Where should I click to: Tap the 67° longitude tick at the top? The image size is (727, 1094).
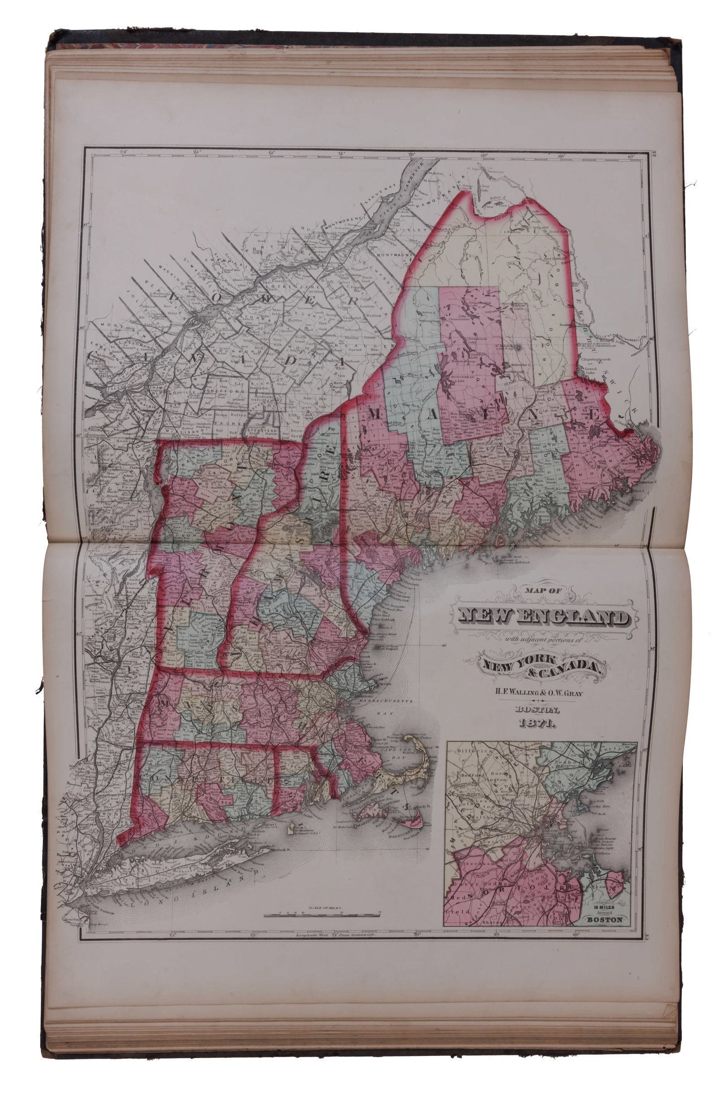click(631, 156)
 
